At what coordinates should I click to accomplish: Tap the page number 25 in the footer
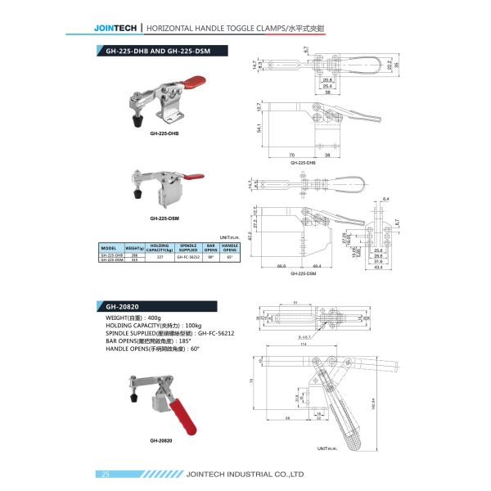tap(106, 474)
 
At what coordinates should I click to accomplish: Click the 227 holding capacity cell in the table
tap(160, 256)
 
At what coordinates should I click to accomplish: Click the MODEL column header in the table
tap(110, 246)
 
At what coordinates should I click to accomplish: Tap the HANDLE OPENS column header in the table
tap(230, 246)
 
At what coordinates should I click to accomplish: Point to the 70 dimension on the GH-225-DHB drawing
tap(291, 154)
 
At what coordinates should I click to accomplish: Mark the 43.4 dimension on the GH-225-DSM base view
tap(377, 268)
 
